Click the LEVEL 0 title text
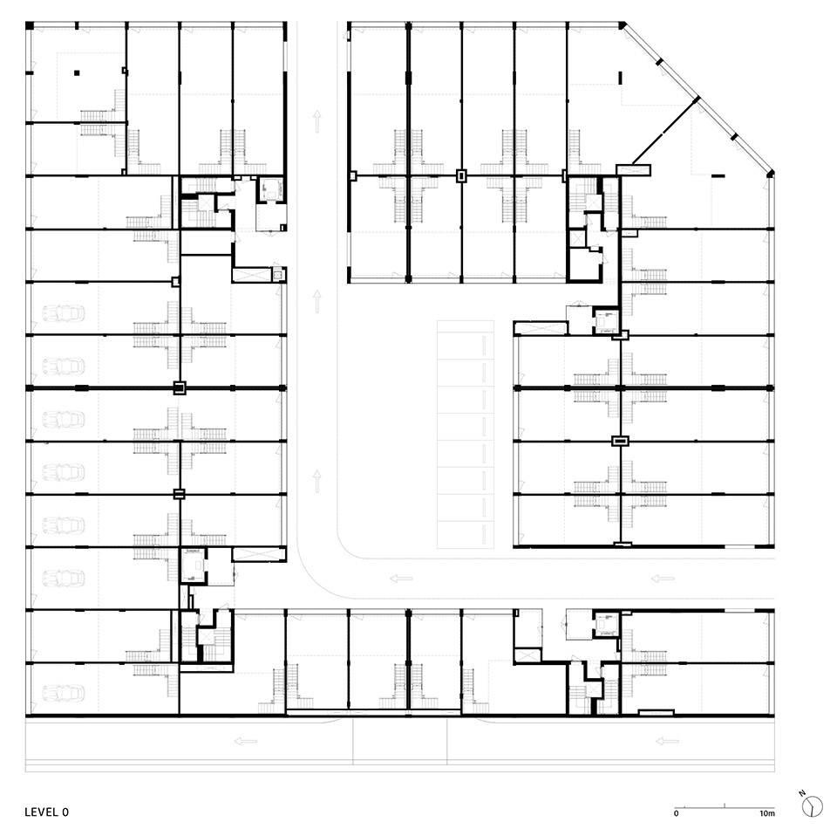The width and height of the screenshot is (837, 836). [x=47, y=812]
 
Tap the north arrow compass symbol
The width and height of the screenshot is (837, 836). [x=812, y=804]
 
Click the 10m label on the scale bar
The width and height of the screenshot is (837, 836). [x=766, y=813]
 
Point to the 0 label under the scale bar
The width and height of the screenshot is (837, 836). [x=677, y=813]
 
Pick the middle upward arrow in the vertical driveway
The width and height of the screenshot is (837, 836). [x=317, y=301]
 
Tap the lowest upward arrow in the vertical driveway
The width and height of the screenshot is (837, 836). [x=317, y=479]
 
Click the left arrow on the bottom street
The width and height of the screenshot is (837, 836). [x=246, y=742]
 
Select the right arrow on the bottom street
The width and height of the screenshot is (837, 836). [x=667, y=742]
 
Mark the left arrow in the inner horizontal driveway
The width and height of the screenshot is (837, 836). [x=401, y=578]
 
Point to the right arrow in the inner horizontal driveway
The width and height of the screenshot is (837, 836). [x=663, y=578]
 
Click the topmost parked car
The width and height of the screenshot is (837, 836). [x=64, y=312]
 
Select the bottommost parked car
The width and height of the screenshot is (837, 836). [x=64, y=692]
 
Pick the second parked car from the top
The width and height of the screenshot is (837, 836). [x=64, y=366]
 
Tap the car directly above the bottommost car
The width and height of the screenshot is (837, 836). [x=64, y=578]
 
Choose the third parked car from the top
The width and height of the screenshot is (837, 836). [x=64, y=419]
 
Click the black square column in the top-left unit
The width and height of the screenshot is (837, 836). [x=77, y=74]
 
